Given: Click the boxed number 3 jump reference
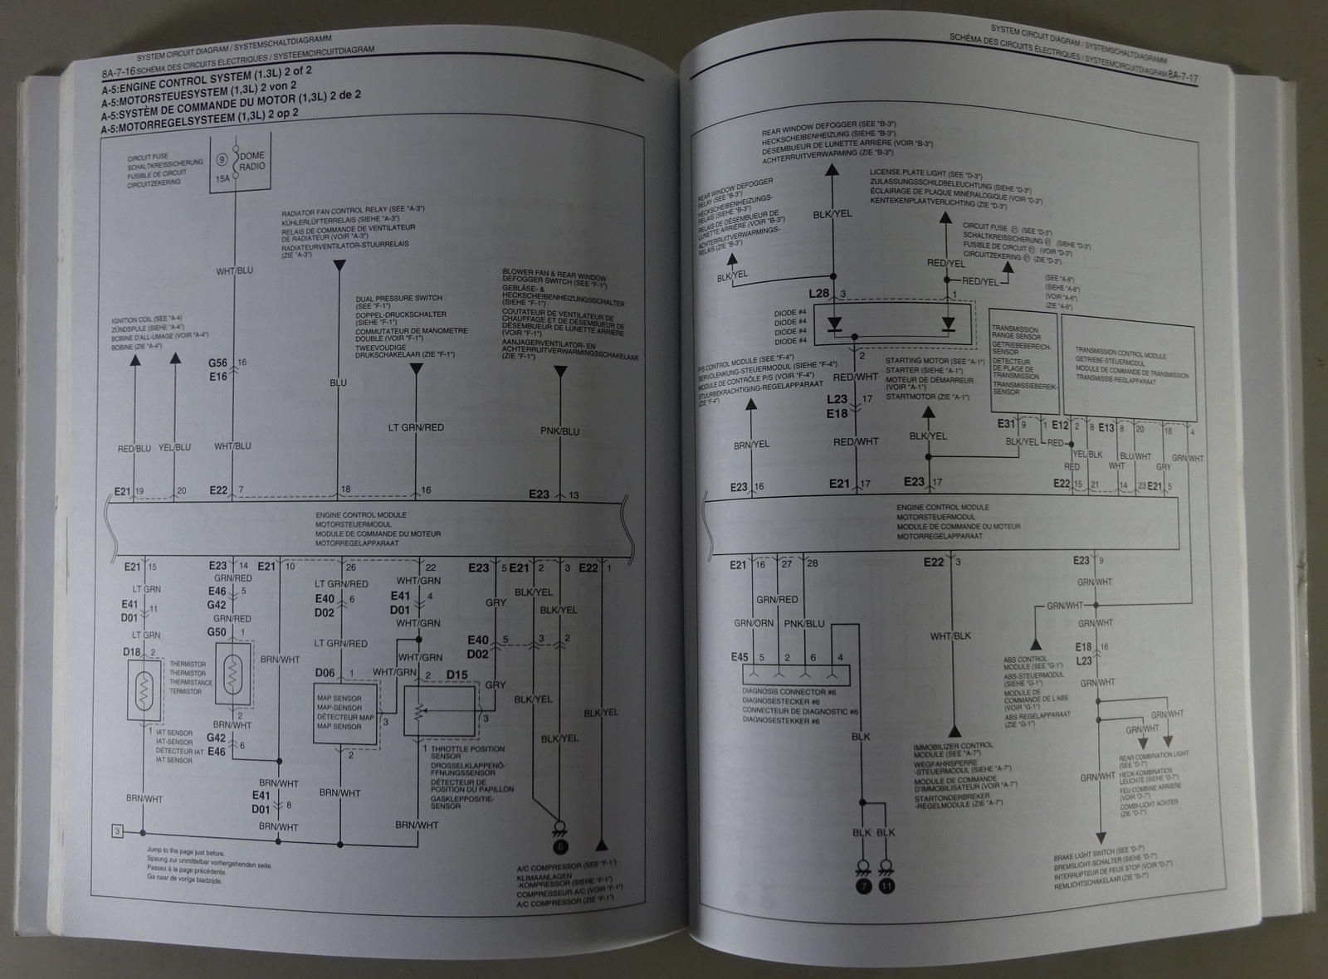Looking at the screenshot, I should [x=119, y=830].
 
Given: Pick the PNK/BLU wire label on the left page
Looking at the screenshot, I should [x=559, y=431].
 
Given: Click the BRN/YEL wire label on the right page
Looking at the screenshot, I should [x=751, y=444].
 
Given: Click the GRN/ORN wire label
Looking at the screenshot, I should [x=752, y=622].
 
